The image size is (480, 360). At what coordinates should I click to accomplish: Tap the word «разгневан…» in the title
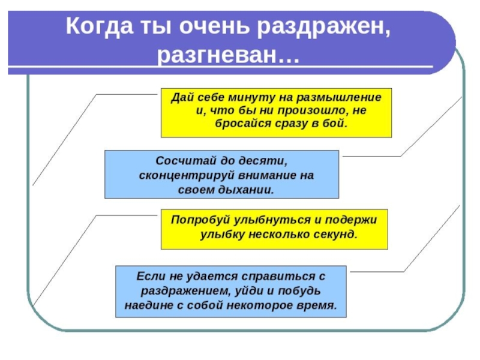(227, 55)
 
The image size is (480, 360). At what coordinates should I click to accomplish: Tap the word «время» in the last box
(317, 304)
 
